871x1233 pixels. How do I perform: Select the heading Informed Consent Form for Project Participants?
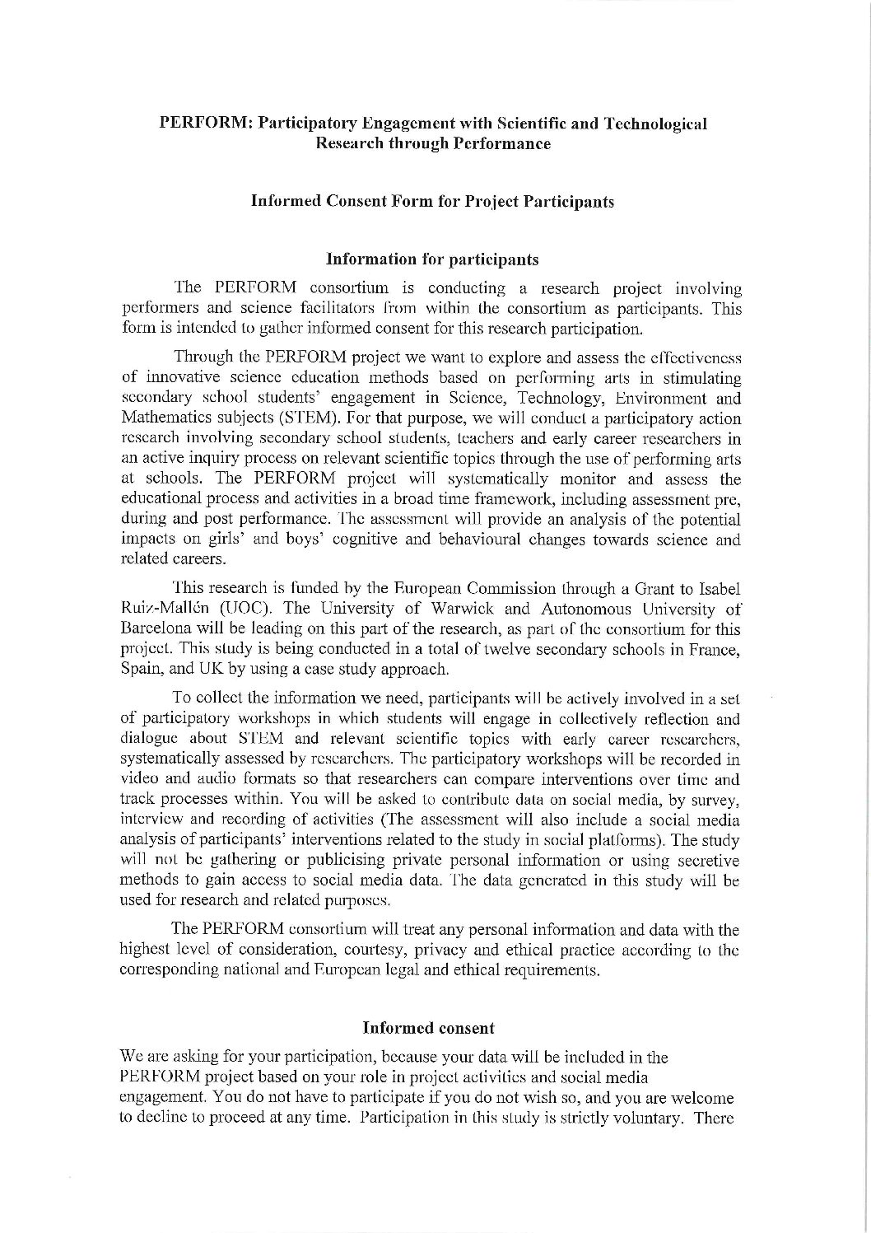coord(432,201)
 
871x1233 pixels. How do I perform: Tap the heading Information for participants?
coord(432,259)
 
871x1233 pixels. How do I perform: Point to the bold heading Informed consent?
coord(428,1027)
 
